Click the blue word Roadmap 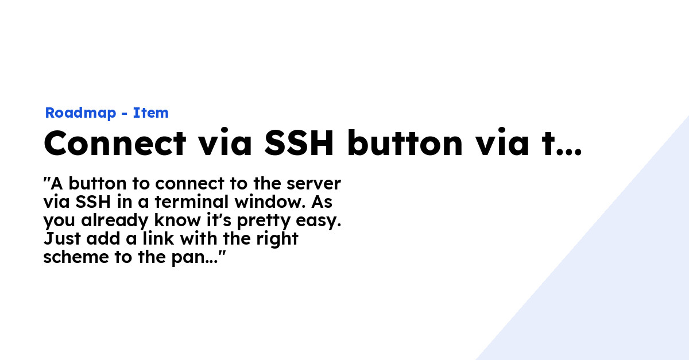pos(80,113)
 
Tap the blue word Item pos(150,113)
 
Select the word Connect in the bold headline pos(115,143)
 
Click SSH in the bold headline pos(299,143)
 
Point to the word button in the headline pos(405,143)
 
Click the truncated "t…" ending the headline pos(562,144)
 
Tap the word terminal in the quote pos(192,202)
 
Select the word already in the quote pos(115,221)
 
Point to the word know pos(177,220)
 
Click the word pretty pos(264,221)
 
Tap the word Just pos(63,238)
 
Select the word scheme pos(76,257)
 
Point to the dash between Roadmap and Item pos(125,114)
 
